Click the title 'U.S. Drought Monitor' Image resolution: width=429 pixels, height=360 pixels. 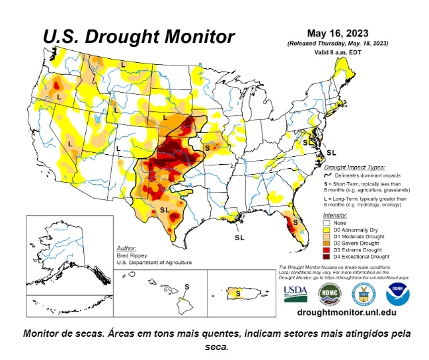(138, 36)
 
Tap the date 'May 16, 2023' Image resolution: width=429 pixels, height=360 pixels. (337, 32)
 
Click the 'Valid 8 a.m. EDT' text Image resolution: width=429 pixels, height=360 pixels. (337, 51)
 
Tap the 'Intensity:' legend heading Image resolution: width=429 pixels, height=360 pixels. (335, 216)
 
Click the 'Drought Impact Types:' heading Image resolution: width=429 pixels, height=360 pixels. (354, 167)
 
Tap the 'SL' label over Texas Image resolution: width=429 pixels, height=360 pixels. (165, 210)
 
